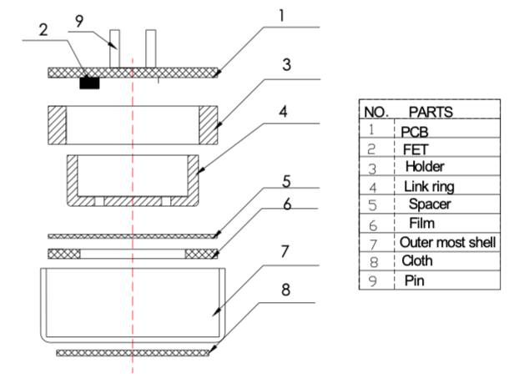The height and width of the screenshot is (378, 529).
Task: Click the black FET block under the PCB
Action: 89,83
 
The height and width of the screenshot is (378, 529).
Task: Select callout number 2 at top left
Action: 43,28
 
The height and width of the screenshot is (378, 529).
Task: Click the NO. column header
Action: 372,111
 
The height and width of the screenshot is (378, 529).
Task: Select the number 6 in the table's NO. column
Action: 371,224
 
